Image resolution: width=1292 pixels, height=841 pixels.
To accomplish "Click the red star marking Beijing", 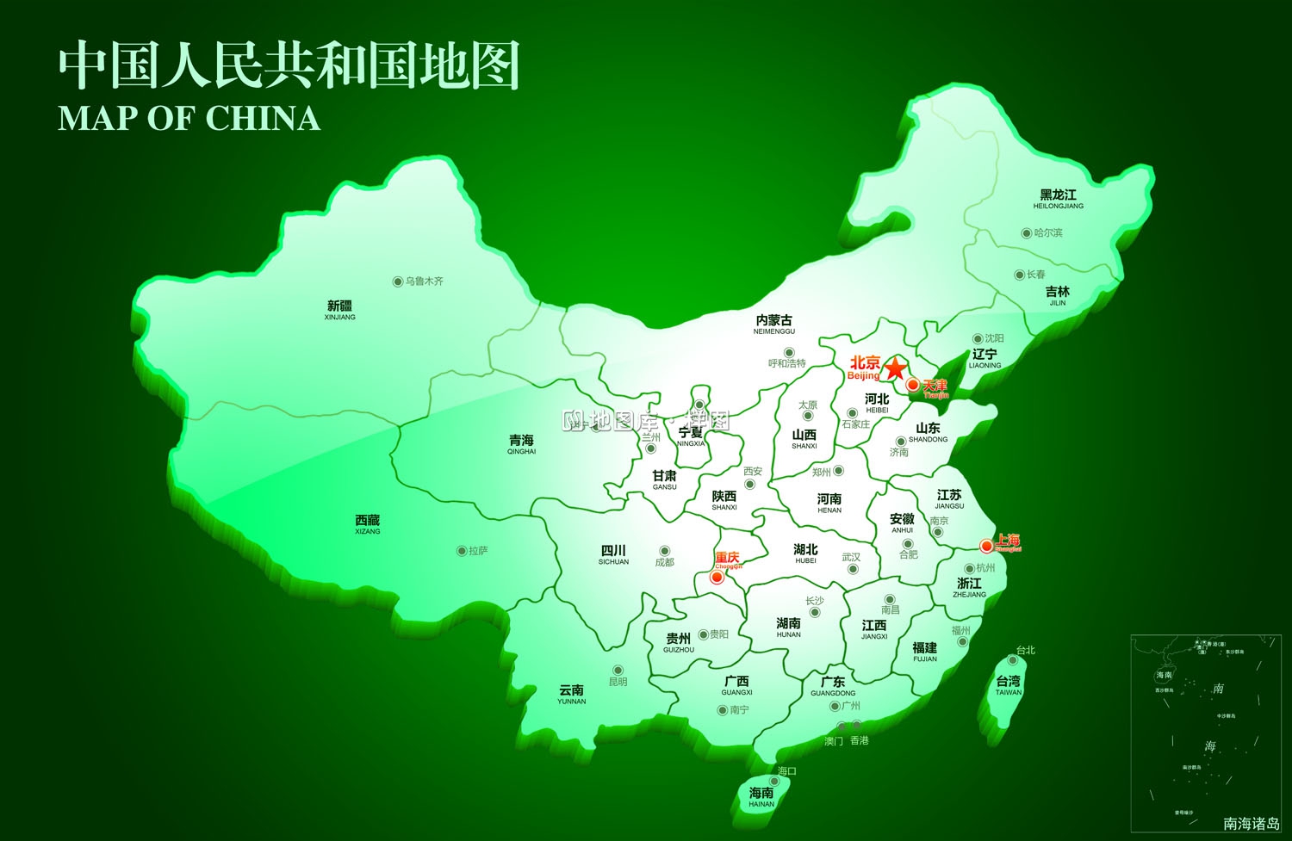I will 896,368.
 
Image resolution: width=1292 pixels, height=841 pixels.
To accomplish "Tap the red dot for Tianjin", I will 913,385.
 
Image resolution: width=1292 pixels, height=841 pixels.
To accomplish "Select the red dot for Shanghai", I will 986,545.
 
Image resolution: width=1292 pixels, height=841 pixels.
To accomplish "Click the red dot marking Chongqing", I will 717,578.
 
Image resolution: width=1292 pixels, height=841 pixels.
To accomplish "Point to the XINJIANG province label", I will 340,311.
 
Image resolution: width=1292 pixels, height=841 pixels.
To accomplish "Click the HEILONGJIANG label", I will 1059,200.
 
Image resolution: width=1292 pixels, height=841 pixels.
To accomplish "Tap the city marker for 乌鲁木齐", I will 398,281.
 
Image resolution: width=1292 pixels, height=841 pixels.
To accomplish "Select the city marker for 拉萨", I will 462,551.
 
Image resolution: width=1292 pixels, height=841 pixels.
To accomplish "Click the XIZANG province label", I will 368,525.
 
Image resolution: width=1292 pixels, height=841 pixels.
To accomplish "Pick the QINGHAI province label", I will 521,445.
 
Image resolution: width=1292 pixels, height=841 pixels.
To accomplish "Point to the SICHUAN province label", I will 613,555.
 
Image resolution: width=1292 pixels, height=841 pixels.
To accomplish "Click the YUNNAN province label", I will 571,695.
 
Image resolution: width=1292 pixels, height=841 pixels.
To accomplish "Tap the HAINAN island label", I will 761,797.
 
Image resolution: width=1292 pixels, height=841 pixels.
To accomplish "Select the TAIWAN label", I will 1009,686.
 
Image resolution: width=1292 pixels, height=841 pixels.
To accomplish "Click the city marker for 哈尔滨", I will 1027,233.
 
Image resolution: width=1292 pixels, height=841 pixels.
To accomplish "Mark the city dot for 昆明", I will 618,670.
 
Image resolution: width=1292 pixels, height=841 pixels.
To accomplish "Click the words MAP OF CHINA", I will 189,118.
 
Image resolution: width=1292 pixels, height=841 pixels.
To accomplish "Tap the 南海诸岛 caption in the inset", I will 1252,824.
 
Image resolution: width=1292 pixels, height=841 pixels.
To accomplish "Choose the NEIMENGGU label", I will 774,325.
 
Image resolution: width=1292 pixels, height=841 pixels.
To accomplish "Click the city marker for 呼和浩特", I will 789,352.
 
